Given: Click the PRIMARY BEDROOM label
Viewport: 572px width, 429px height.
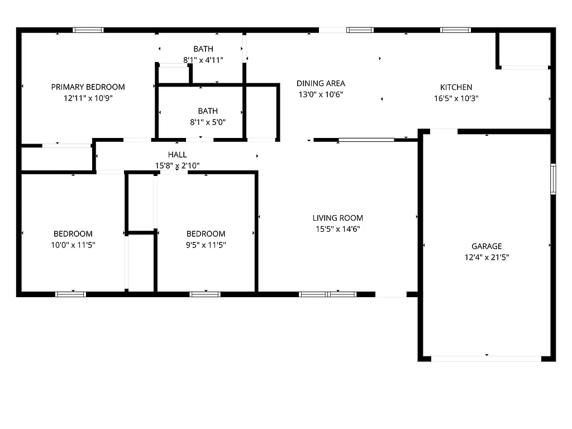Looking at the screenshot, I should coord(88,87).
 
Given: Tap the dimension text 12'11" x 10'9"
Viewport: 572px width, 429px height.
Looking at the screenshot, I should coord(88,98).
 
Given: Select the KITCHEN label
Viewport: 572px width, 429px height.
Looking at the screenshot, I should coord(456,87).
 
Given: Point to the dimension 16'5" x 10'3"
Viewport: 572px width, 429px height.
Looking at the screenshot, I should coord(456,98).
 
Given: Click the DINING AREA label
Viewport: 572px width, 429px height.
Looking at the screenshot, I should coord(321,83).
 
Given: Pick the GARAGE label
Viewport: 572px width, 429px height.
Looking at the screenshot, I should coord(487,246).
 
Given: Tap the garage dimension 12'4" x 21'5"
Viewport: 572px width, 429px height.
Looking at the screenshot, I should coord(487,258).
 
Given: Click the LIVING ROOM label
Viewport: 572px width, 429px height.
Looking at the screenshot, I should coord(337,218).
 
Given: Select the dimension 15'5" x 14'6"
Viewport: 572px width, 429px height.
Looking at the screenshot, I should coord(337,229).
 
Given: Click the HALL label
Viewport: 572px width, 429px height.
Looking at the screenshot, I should coord(178,155).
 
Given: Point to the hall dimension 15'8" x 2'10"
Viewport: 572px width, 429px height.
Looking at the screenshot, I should coord(178,165).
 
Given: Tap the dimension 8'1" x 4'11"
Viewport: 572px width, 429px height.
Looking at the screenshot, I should coord(203,60).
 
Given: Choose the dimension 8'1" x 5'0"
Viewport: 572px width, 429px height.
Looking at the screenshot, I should coord(207,122).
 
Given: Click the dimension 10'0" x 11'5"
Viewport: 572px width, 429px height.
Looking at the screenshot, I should coord(73,245).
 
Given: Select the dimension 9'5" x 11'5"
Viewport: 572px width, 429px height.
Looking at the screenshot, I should coord(206,245).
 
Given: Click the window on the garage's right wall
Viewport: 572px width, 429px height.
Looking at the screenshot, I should coord(553,179).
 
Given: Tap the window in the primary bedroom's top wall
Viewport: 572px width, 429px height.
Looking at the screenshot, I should coord(88,30).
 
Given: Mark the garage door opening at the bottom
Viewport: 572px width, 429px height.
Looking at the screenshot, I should coord(487,359).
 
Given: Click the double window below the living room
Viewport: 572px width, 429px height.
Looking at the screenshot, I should coord(327,294).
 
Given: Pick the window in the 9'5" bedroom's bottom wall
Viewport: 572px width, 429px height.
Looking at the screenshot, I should coord(205,294).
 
